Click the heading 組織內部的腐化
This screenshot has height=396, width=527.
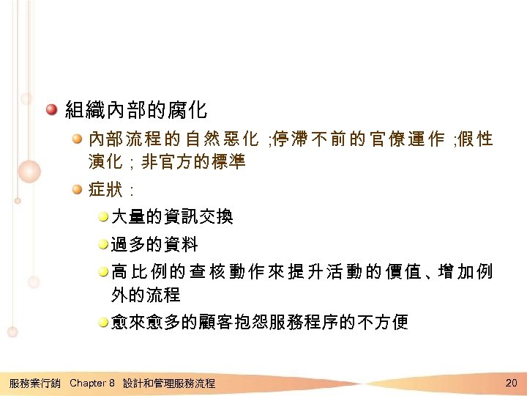pyautogui.click(x=136, y=111)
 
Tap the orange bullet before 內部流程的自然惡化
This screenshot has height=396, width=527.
pyautogui.click(x=77, y=137)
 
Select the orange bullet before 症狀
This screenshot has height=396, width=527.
pyautogui.click(x=77, y=190)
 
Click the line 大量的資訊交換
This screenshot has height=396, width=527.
pyautogui.click(x=172, y=216)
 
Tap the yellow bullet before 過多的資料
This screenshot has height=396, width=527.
pyautogui.click(x=103, y=243)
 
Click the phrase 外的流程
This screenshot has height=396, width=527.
pyautogui.click(x=145, y=296)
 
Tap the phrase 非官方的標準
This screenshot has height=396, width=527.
pyautogui.click(x=193, y=162)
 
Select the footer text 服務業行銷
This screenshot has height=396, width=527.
pyautogui.click(x=34, y=384)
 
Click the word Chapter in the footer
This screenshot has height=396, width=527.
pyautogui.click(x=88, y=384)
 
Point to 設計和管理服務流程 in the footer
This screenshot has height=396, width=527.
pyautogui.click(x=169, y=384)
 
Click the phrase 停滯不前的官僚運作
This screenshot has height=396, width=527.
pyautogui.click(x=358, y=138)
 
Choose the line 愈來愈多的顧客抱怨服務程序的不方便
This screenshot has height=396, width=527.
pyautogui.click(x=259, y=322)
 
